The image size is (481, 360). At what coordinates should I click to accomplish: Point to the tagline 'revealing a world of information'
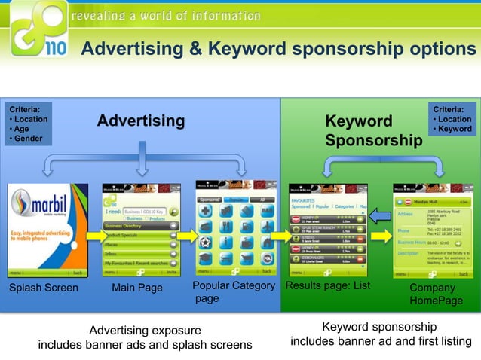point(166,16)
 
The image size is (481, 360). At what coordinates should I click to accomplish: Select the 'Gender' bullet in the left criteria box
point(27,139)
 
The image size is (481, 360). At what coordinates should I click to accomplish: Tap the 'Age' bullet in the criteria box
point(21,129)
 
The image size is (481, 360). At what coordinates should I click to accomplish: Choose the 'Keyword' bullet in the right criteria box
point(452,129)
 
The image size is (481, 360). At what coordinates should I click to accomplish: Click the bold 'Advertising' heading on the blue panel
point(140,121)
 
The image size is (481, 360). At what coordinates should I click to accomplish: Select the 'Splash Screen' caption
point(43,288)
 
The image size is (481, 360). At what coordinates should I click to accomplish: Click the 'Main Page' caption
point(137,288)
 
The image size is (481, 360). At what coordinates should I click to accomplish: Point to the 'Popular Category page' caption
point(233,292)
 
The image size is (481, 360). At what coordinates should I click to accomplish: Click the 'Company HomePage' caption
point(436,294)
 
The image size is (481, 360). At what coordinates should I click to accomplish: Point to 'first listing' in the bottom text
point(437,342)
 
